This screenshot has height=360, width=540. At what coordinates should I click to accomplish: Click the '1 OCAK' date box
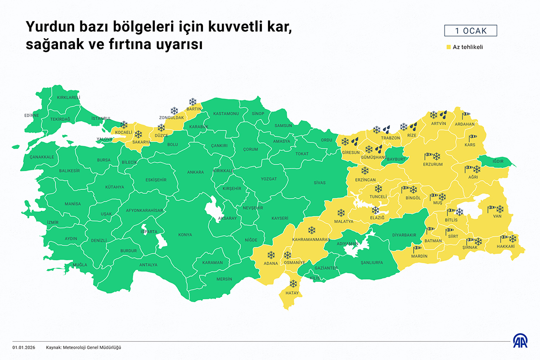point(471,31)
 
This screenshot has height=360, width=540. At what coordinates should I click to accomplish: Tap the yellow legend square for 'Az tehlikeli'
point(448,47)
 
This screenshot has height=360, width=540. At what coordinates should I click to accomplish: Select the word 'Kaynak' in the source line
point(54,347)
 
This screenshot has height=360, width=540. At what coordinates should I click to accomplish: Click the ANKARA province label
point(195,172)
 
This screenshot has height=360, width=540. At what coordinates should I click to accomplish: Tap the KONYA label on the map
point(185,235)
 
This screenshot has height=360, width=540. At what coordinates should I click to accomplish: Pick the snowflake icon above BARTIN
point(193,102)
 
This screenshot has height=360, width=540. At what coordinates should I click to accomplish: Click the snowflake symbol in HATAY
point(293,284)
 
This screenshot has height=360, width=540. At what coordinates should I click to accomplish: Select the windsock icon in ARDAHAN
point(465,115)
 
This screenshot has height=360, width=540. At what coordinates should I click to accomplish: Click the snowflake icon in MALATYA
point(341,213)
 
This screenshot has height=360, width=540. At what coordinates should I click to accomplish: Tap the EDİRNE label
point(31,115)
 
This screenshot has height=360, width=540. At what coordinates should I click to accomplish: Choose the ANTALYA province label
point(148,265)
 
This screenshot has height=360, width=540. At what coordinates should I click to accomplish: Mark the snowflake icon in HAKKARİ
point(513,239)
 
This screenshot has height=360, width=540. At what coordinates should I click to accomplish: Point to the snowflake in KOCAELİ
point(123,124)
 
